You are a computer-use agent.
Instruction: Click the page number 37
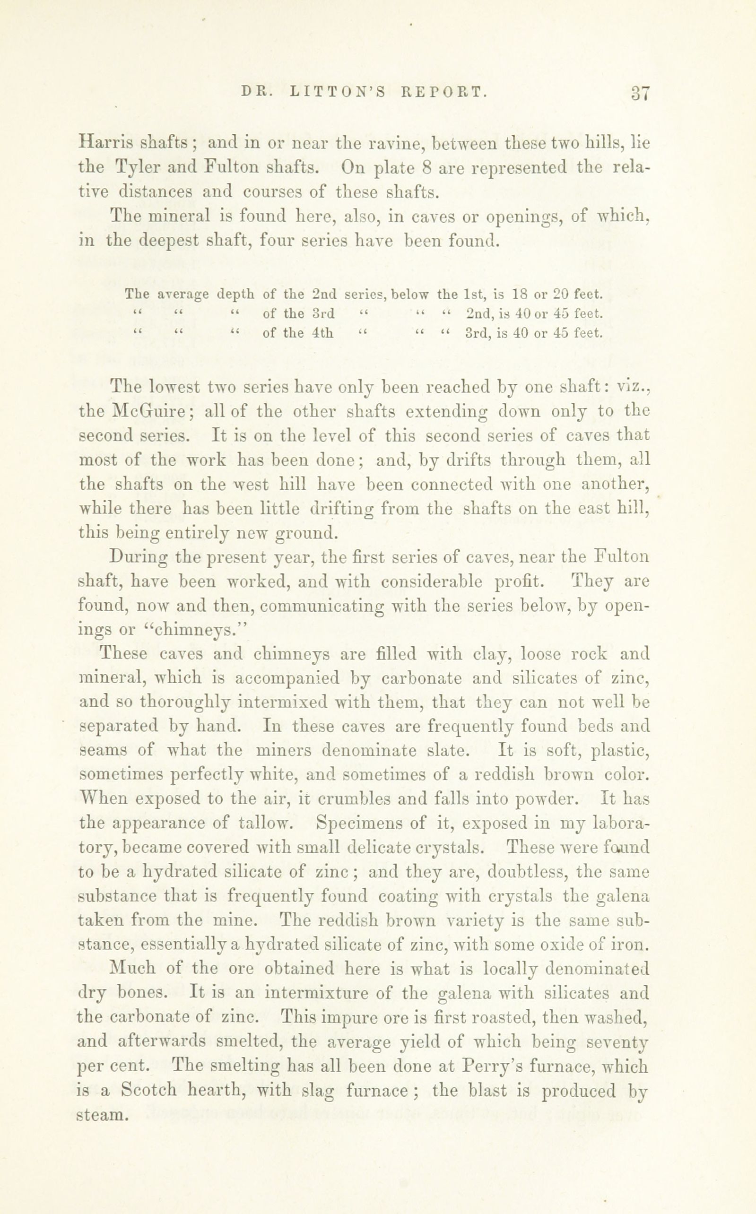click(640, 93)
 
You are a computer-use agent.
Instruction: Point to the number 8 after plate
click(426, 167)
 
